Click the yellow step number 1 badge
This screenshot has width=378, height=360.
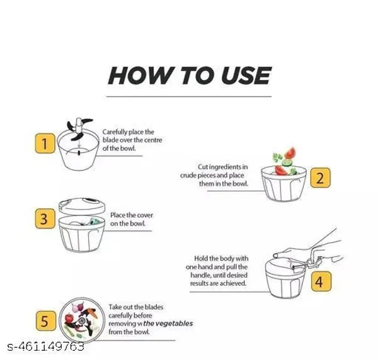(x=45, y=143)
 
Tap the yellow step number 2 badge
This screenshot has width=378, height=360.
(x=320, y=177)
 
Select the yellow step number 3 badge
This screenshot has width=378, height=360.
(x=45, y=218)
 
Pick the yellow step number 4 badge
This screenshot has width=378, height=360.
(x=321, y=281)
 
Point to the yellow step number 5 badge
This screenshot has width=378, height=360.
(x=45, y=320)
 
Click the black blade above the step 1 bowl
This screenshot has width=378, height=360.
(x=79, y=129)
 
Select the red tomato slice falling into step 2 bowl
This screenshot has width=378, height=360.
(x=290, y=153)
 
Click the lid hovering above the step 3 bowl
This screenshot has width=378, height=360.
(x=82, y=206)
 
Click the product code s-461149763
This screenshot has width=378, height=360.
(x=46, y=347)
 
